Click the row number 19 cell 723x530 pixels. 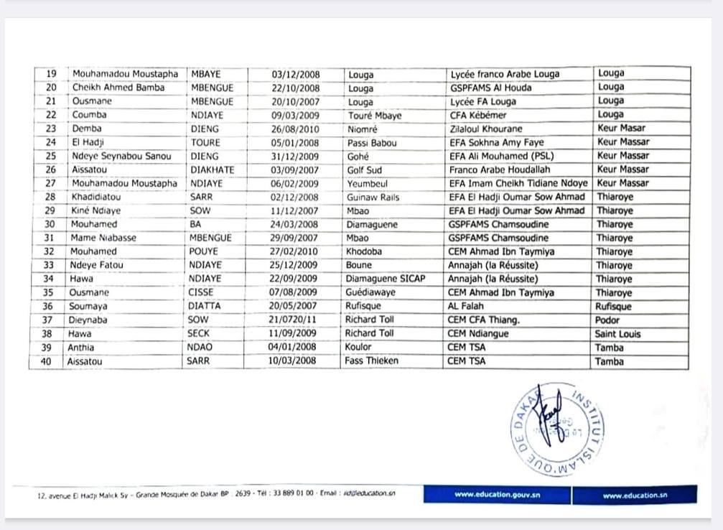coord(51,74)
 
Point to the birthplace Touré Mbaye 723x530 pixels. coord(374,115)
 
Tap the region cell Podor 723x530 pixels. coord(608,320)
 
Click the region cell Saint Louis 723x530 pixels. coord(617,334)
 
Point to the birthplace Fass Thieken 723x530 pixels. coord(371,361)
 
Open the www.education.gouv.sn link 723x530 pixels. coord(497,495)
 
